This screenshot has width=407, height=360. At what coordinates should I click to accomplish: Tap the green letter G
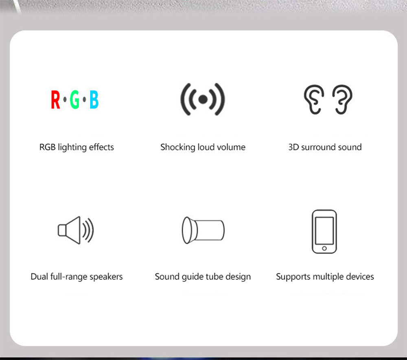coord(74,100)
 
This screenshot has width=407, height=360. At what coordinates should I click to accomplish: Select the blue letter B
coord(94,100)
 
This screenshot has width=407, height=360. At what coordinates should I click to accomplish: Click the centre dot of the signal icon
coord(203,99)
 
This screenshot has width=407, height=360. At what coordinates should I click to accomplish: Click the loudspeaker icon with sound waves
coord(76,230)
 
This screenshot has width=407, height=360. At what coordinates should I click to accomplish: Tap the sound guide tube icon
coord(203,230)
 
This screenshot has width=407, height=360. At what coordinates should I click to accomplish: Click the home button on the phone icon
coord(324,248)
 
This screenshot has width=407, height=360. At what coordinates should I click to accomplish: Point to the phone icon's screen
coord(324,230)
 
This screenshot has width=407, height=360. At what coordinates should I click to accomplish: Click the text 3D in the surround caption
coord(293,147)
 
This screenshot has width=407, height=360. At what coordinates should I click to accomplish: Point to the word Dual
coord(39,277)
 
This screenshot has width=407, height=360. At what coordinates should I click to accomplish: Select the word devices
coord(360,277)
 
